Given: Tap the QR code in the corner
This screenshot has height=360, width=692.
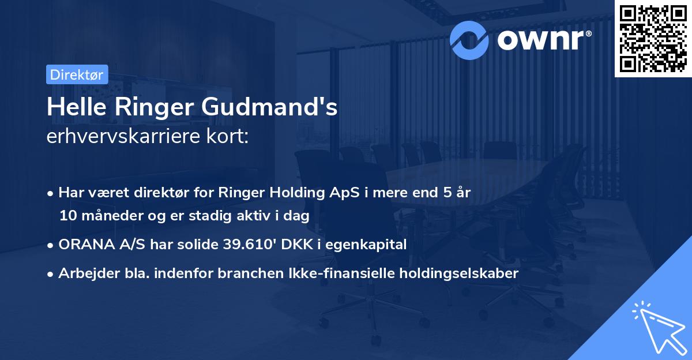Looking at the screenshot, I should coord(653,38).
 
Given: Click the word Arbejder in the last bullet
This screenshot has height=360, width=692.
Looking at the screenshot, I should coord(82,273).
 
